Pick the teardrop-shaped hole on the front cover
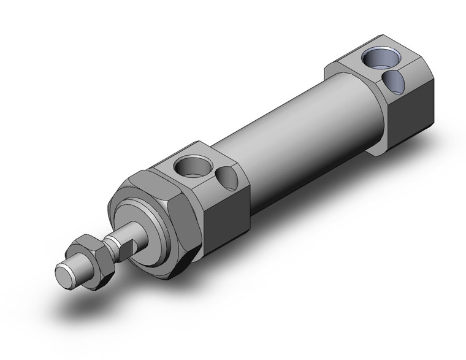coord(227,178)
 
